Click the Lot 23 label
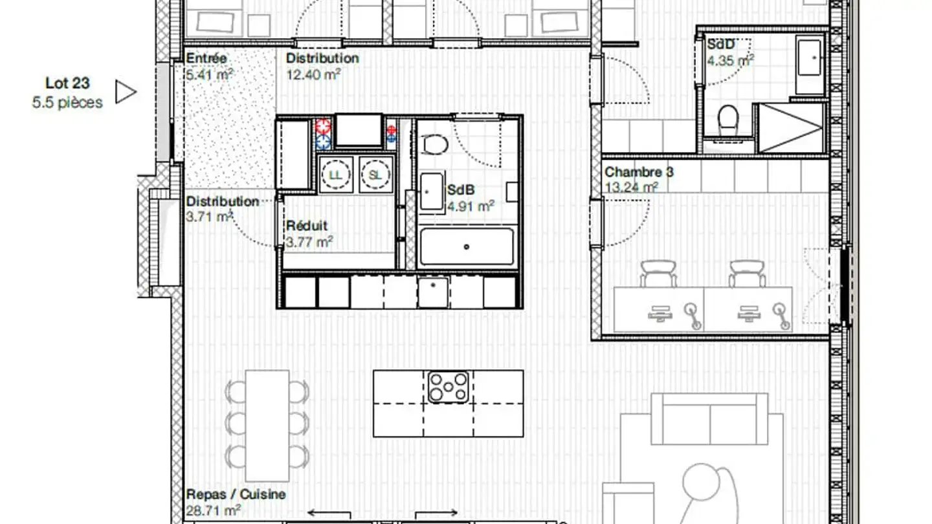67,83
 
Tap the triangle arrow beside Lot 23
125,91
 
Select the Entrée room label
206,58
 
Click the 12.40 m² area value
313,74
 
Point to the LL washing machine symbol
335,175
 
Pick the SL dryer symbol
375,175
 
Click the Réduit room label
307,226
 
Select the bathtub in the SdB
467,246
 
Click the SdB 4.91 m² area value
471,206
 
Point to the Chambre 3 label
639,172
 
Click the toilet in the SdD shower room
727,119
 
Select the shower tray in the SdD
790,127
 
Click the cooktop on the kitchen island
448,387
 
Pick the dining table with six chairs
267,426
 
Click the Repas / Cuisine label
236,494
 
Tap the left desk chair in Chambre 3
658,274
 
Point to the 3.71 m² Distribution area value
209,217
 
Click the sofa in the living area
709,419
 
